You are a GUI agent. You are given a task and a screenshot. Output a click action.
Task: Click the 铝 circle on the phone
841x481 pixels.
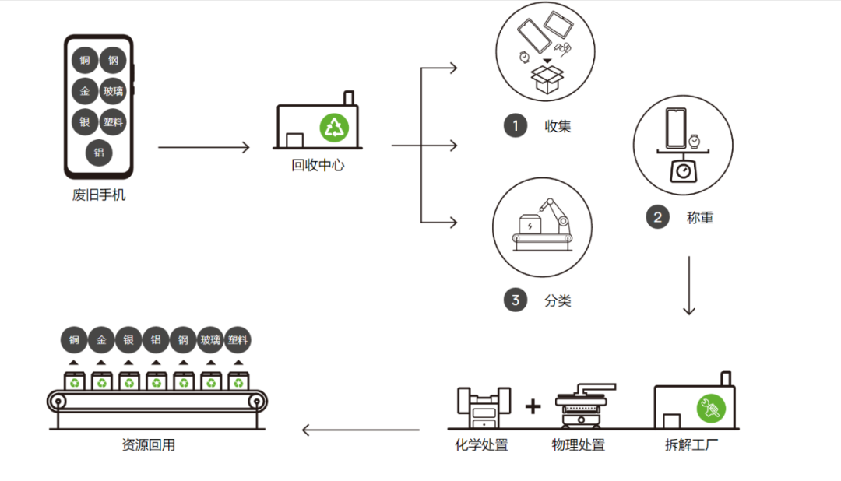99,153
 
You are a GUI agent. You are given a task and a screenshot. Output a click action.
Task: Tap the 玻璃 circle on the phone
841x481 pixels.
113,91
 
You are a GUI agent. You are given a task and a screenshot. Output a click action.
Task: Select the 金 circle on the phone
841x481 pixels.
85,91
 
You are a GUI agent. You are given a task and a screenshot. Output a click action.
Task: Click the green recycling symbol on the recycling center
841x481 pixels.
334,128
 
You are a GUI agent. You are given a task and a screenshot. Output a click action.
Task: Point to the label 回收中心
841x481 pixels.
318,165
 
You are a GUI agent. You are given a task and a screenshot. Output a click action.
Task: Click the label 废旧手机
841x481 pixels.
99,195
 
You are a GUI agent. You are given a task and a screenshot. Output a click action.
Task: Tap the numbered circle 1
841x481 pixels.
516,125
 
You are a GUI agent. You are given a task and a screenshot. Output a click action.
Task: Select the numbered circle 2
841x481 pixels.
657,217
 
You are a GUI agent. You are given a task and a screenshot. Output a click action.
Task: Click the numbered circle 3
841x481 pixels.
516,300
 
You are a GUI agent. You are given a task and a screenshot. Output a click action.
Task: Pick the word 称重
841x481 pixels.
700,218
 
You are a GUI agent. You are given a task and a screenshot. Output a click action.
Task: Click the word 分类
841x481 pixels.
558,300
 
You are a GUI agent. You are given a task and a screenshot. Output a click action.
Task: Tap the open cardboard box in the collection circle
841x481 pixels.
547,79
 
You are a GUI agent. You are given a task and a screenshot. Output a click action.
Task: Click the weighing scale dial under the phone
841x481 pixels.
684,171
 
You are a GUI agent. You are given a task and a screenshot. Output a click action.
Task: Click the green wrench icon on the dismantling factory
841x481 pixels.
711,408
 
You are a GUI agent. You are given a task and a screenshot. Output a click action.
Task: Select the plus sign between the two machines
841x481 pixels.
533,406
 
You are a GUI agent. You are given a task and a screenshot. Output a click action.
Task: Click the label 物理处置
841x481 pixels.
578,444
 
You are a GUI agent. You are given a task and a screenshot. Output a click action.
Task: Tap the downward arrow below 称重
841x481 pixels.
689,286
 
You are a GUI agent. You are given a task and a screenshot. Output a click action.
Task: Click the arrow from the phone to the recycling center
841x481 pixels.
204,147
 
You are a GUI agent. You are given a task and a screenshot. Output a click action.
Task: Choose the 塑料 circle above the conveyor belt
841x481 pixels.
238,340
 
